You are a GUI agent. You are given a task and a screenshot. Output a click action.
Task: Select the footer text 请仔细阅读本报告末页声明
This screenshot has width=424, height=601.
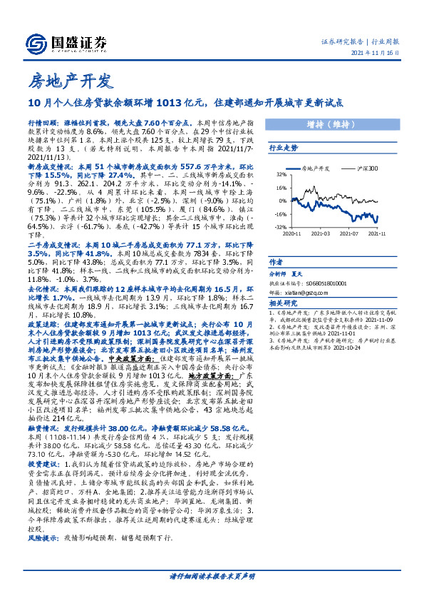[x=212, y=575]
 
